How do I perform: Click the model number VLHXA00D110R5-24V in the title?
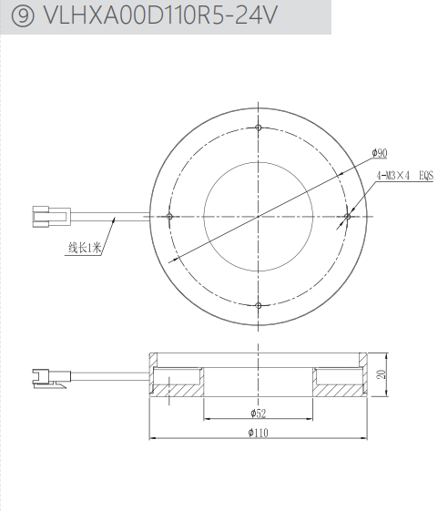tap(160, 15)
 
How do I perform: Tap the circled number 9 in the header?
tap(22, 15)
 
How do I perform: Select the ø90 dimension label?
tap(380, 153)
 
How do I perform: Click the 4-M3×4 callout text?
tap(392, 176)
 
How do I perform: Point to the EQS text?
tap(426, 176)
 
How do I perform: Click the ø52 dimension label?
tap(258, 414)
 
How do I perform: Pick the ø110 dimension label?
tap(258, 433)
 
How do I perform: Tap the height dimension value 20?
tap(382, 374)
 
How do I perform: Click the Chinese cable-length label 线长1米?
tap(85, 248)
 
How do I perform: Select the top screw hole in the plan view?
tap(259, 128)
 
